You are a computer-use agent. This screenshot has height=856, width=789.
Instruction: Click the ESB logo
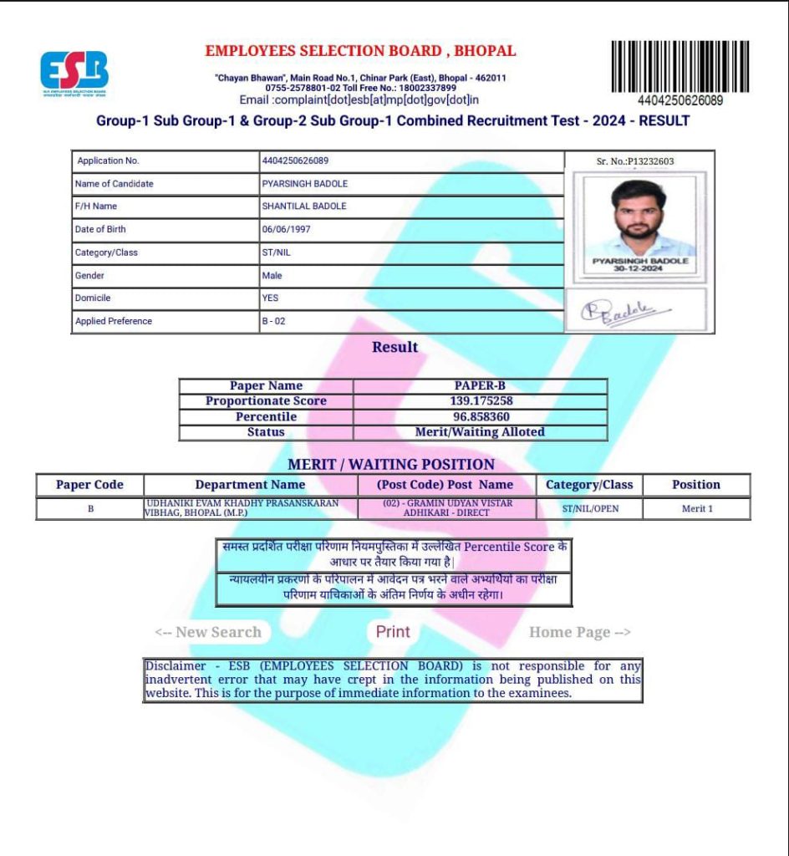tap(74, 72)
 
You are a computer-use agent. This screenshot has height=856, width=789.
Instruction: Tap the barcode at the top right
tap(680, 66)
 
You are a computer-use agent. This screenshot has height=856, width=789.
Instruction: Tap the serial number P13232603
tap(635, 161)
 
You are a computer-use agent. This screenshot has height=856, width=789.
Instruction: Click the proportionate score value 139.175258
tap(480, 401)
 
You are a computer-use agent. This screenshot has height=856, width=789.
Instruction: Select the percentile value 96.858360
tap(480, 416)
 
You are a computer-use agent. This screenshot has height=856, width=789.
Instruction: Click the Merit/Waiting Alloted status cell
tap(480, 432)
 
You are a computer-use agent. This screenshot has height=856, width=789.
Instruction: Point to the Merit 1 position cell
tap(696, 508)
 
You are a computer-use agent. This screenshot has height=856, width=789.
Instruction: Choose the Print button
tap(393, 632)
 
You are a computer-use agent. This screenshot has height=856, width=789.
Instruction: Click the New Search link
tap(209, 632)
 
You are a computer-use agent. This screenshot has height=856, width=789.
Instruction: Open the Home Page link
tap(579, 632)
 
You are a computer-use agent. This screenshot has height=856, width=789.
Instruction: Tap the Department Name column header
tap(250, 485)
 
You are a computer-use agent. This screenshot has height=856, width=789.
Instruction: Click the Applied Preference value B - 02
tap(273, 321)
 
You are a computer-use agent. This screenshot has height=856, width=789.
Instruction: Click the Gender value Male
tap(272, 275)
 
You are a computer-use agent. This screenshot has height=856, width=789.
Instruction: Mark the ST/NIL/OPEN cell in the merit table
tap(589, 508)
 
